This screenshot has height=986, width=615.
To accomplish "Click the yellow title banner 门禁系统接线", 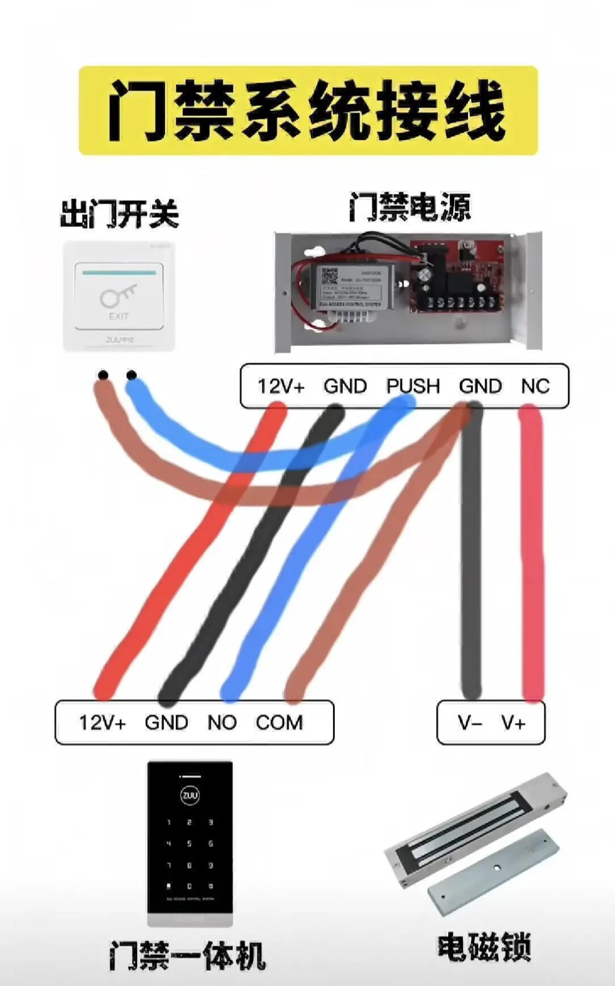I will coord(308,110).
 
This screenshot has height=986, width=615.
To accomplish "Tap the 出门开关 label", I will coord(120,214).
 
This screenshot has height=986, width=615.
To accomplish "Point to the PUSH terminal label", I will coord(413,386).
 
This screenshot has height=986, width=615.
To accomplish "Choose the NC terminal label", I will coord(535,386).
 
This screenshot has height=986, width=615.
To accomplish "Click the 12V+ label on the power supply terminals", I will coord(281,386).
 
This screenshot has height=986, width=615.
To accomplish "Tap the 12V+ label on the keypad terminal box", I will coord(102,723).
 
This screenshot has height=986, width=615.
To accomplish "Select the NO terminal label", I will coord(222,723).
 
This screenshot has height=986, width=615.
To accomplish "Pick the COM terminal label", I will coord(279,723).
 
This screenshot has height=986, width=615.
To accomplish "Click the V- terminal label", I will coord(470,723).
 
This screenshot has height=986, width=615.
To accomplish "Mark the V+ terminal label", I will coord(513,723).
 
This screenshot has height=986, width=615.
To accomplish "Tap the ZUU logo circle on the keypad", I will coord(190,795).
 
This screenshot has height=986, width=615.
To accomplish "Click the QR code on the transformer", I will coord(330,276).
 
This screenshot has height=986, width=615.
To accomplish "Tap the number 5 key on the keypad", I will coord(190,844).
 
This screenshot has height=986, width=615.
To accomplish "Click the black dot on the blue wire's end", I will coord(132,375).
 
